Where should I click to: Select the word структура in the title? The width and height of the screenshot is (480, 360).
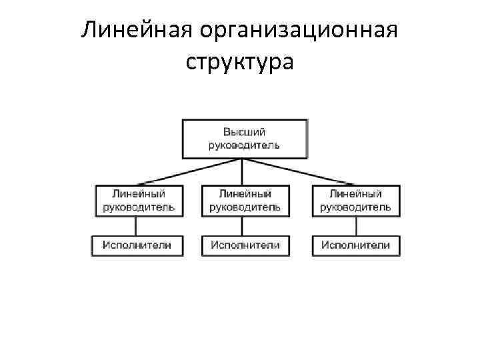(x=239, y=63)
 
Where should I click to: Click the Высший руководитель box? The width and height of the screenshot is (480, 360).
(x=245, y=139)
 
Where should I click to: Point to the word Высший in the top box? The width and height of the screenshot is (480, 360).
(x=245, y=131)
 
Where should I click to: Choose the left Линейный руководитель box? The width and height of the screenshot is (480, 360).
(x=139, y=200)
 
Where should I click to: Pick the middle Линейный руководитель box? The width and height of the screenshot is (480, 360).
(x=245, y=200)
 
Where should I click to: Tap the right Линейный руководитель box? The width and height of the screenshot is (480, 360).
(x=356, y=200)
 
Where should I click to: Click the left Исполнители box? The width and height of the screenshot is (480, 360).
(x=137, y=245)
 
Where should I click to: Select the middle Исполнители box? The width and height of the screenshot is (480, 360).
(x=245, y=245)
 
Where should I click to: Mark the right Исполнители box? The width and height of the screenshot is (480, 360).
(x=356, y=245)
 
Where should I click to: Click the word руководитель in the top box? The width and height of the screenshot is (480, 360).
(x=245, y=145)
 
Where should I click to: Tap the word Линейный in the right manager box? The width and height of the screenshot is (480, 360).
(x=356, y=194)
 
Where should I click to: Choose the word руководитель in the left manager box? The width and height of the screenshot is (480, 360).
(x=139, y=207)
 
